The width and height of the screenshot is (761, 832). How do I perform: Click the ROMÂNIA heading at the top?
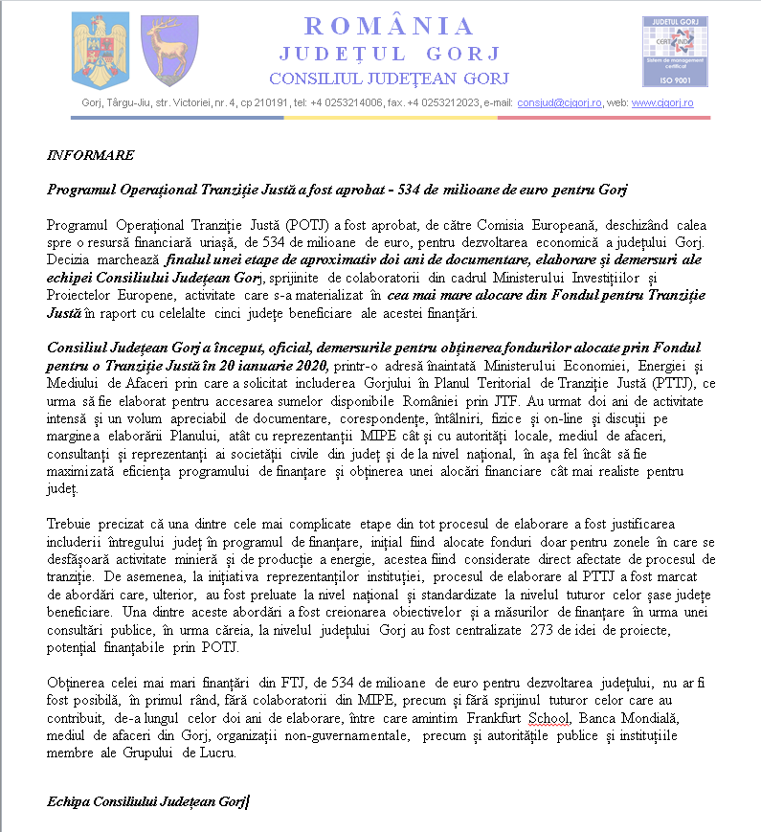[x=389, y=26]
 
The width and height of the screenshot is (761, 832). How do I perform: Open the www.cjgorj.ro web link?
[x=662, y=102]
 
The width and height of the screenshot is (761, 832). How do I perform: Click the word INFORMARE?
[x=91, y=155]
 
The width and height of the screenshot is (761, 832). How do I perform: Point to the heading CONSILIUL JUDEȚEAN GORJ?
[x=389, y=79]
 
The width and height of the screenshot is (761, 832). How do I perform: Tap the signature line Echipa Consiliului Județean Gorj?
[x=145, y=800]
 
